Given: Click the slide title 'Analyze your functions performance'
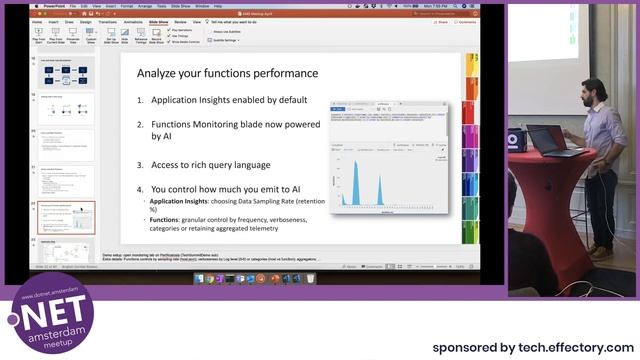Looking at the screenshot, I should point(227,73).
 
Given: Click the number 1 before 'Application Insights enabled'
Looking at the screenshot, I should point(141,100).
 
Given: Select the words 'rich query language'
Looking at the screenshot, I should point(234,164).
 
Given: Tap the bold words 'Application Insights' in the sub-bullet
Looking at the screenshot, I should point(179,201).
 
